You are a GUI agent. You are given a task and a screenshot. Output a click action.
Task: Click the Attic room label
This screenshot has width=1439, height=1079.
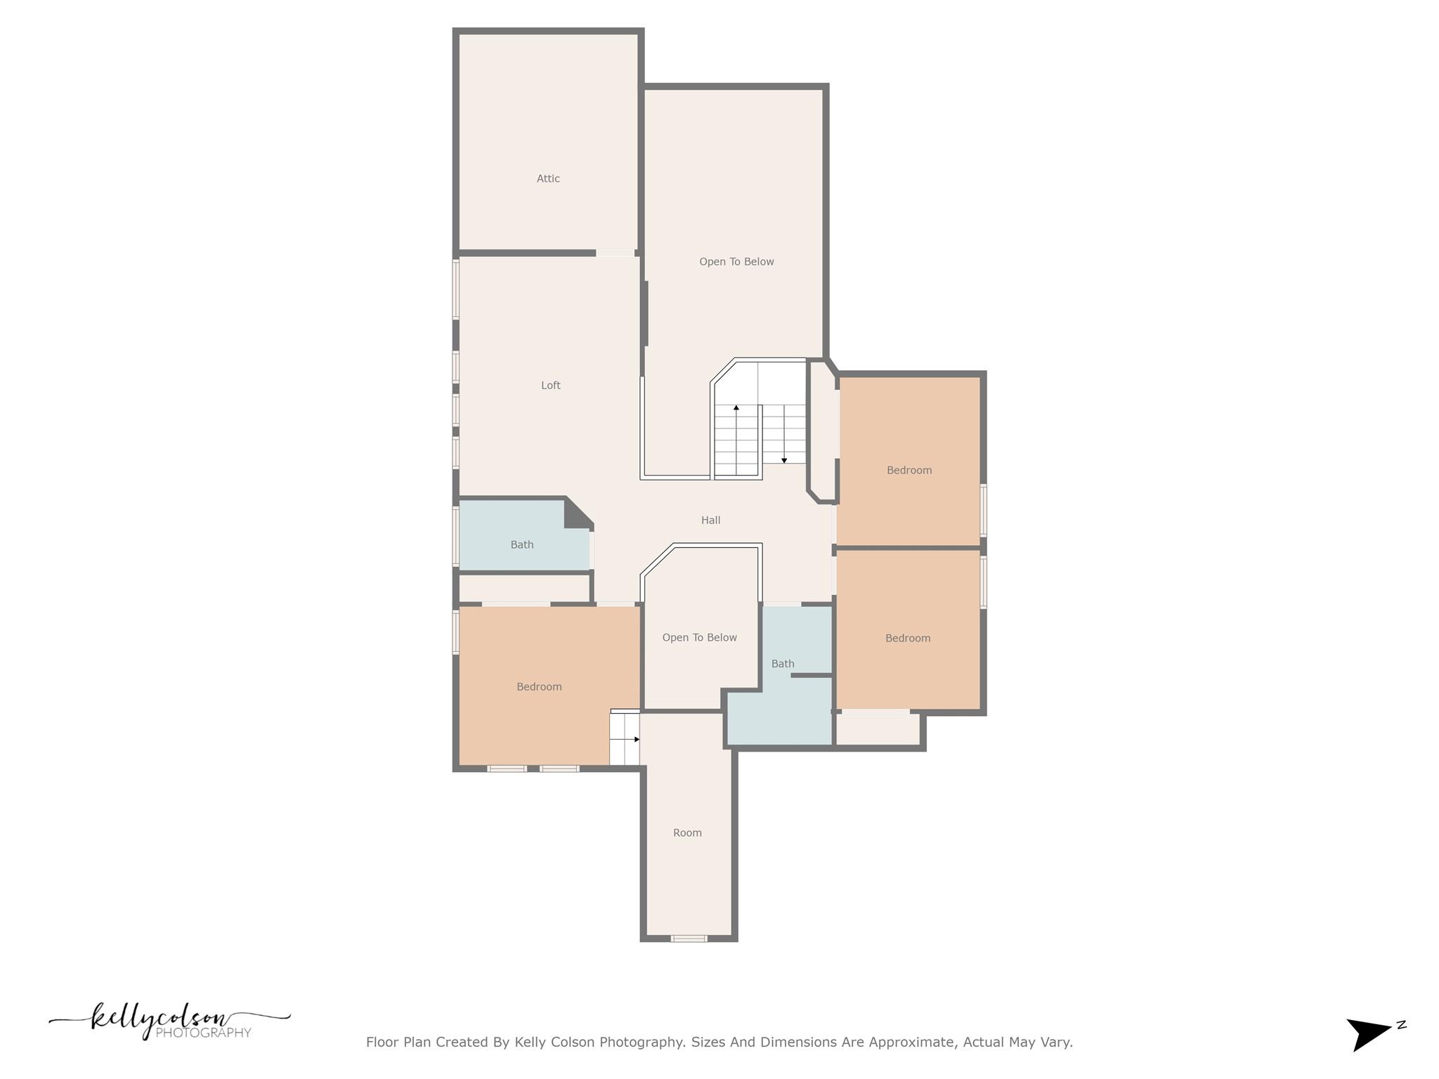coord(548,178)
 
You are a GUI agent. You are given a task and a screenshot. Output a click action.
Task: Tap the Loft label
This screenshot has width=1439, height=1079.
coord(550,385)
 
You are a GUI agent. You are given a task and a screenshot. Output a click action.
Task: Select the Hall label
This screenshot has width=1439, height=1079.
coord(710,520)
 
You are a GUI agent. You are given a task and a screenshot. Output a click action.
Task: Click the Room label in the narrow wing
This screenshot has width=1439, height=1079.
coord(687,832)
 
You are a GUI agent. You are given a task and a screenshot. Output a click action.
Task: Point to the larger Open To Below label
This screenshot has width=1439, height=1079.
coord(736,261)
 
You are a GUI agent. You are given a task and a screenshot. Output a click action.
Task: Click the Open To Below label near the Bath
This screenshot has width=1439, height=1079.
coord(699,637)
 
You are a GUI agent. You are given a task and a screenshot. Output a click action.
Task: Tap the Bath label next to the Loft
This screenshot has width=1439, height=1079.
coord(521,544)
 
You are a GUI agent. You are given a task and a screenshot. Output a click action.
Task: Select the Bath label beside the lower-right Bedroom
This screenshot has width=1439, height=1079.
coord(782,663)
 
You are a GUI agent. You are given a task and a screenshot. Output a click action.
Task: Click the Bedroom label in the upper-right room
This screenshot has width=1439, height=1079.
coord(909,470)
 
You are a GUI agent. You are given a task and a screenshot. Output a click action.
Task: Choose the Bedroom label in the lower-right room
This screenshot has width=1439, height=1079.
coord(907,638)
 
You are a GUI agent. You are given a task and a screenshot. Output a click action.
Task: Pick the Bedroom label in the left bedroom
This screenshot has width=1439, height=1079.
coord(539,686)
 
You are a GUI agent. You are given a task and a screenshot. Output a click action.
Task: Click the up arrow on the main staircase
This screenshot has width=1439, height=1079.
coord(736,407)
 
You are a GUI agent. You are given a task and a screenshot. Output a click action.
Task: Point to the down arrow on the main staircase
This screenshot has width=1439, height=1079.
coord(784,460)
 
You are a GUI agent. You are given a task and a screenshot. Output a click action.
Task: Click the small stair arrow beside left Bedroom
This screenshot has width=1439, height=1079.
coord(637,739)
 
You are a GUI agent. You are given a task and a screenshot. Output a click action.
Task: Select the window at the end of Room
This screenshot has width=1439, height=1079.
coord(689,938)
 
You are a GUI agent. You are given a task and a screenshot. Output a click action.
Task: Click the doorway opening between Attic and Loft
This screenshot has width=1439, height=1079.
coord(616,253)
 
